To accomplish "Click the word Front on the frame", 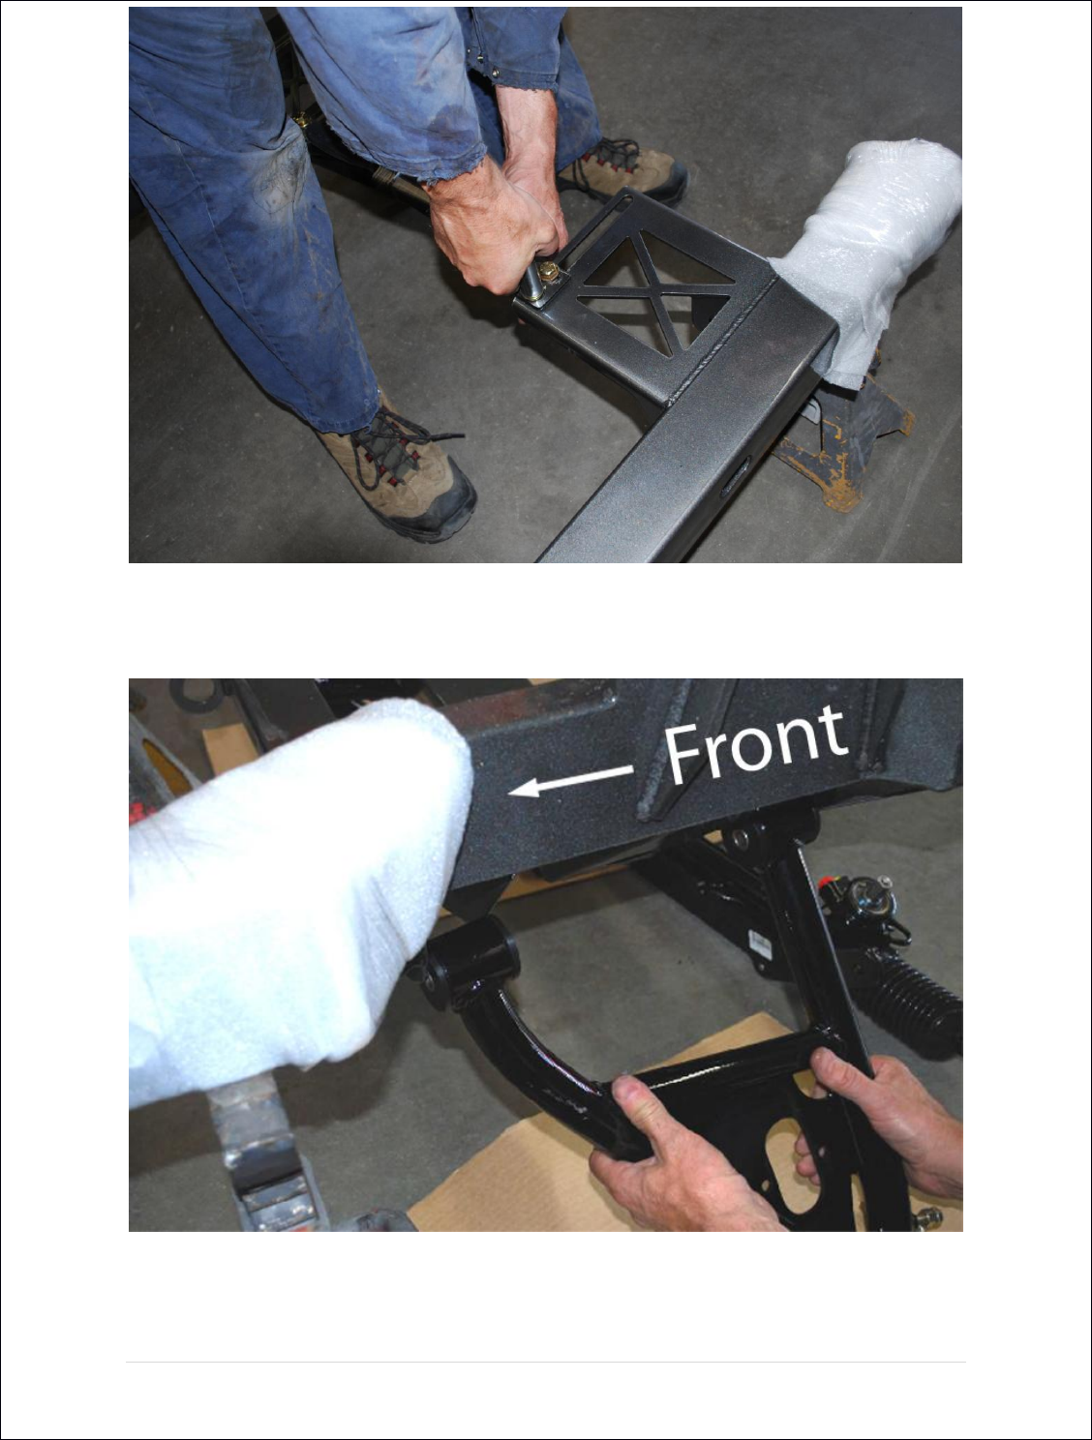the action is (x=756, y=745).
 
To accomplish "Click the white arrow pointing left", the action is (x=571, y=781).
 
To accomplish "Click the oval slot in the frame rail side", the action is (x=735, y=477).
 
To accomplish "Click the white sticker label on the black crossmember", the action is (x=759, y=944).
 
